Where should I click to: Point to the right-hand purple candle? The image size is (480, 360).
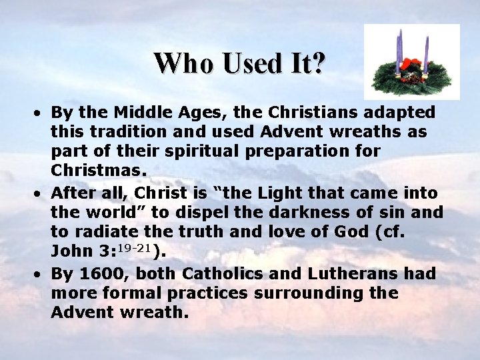[x=426, y=52]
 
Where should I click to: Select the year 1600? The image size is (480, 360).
[x=100, y=273]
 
